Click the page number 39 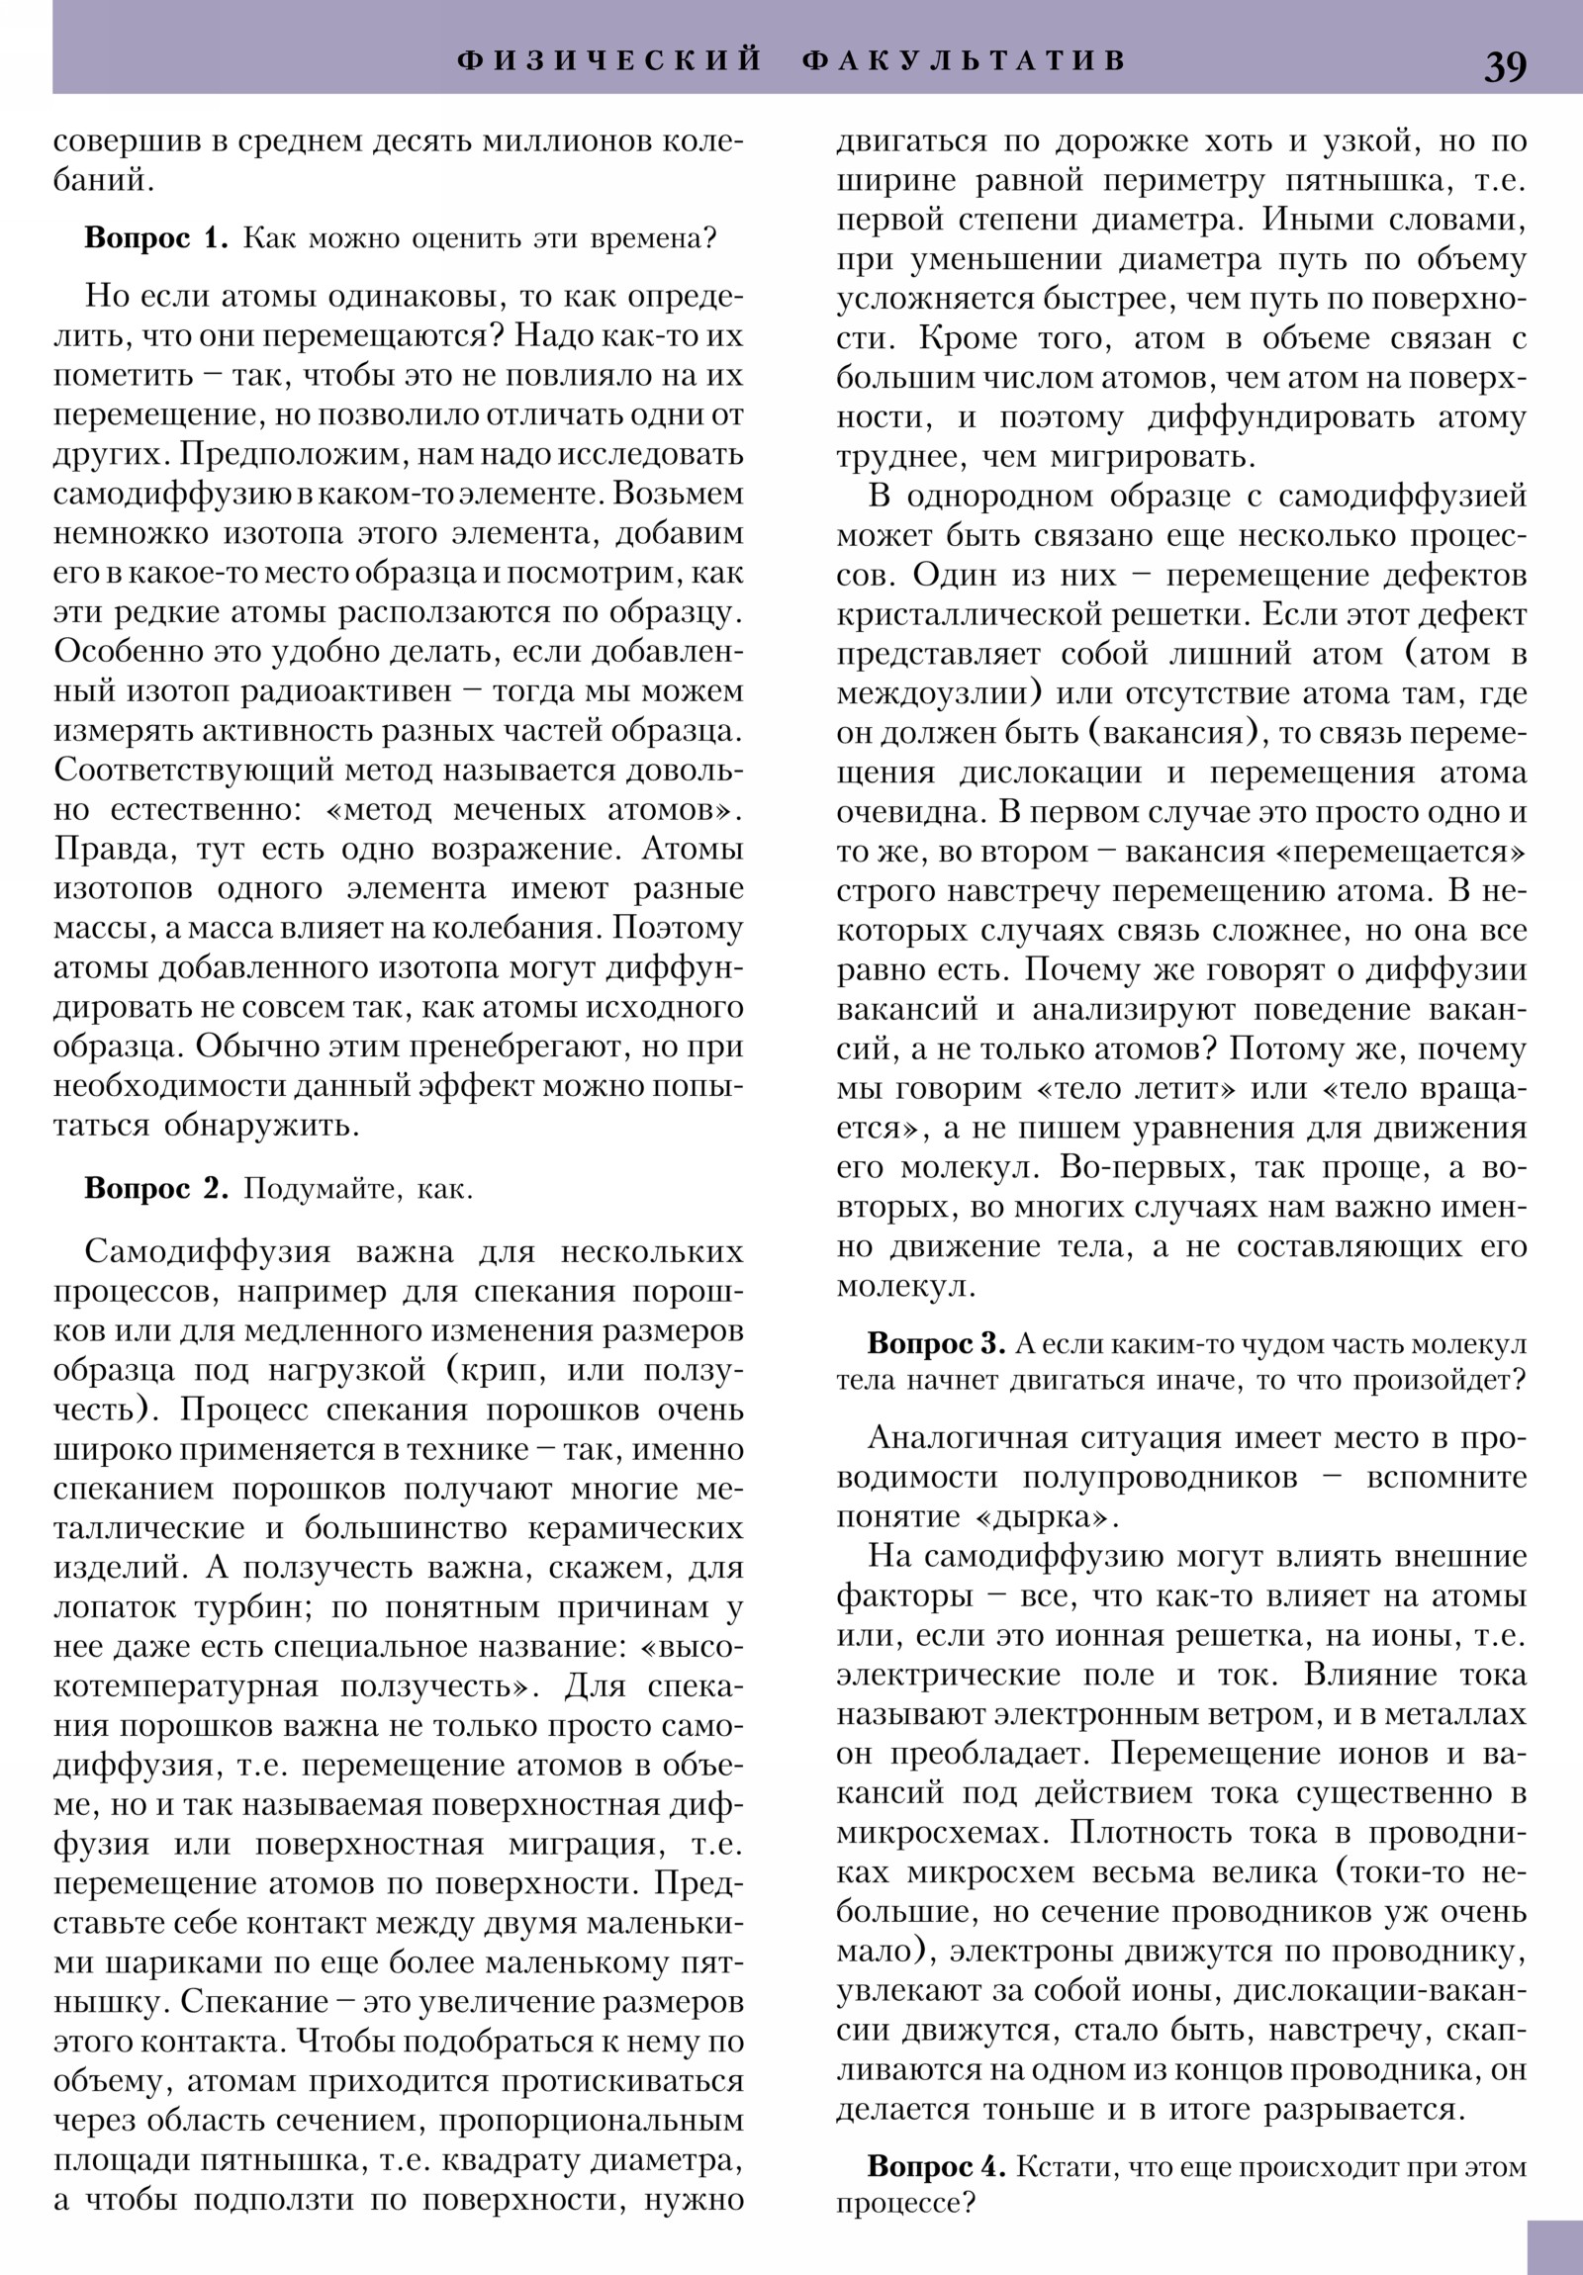coord(1505,66)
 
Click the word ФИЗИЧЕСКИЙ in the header coord(609,60)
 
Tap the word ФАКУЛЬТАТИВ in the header coord(965,60)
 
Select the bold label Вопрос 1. coord(156,238)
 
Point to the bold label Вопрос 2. coord(156,1188)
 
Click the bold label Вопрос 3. coord(937,1343)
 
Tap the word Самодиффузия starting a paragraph coord(207,1251)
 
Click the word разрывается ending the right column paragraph coord(1363,2110)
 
